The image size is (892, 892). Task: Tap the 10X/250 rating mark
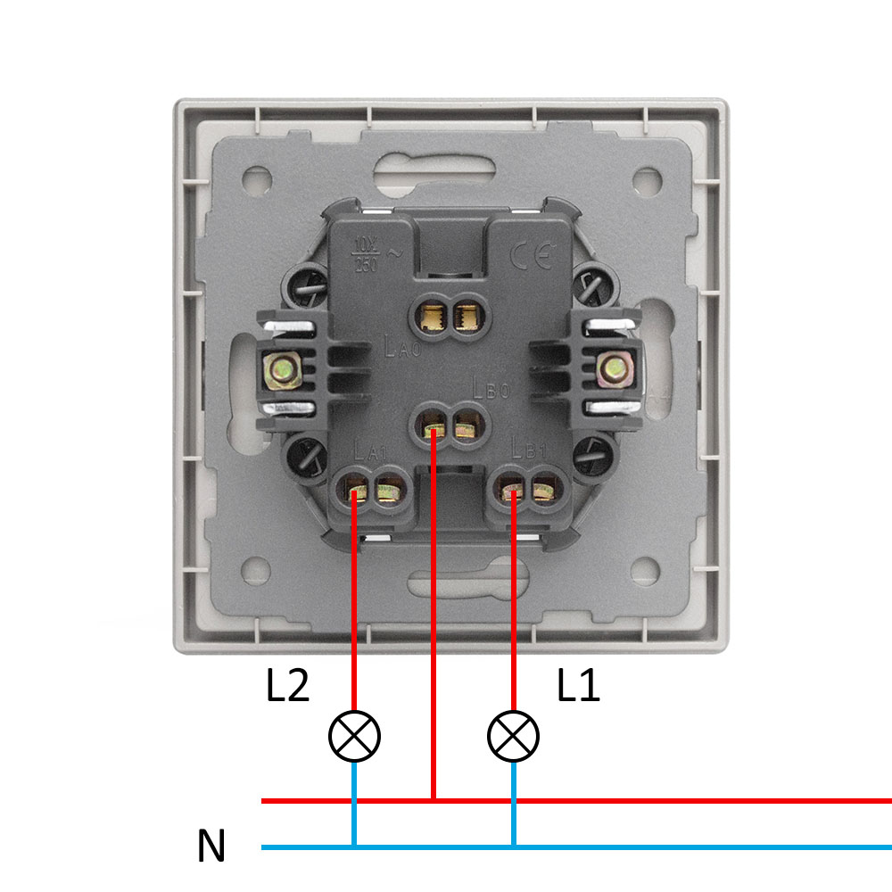pos(366,252)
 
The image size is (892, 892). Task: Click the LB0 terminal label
pos(491,388)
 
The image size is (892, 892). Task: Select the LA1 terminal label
pos(369,451)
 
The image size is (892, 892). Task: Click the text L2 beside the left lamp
pos(287,687)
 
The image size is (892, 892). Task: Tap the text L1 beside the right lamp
pos(579,687)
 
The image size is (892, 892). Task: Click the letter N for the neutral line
pos(211,847)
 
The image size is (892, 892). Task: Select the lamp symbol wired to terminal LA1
pos(354,736)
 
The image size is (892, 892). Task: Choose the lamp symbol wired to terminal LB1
pos(514,736)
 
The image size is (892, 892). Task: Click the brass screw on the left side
pos(284,368)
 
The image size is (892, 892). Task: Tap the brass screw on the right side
pos(612,368)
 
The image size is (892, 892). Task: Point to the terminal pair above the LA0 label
pos(450,316)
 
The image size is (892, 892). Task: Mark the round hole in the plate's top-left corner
pos(257,179)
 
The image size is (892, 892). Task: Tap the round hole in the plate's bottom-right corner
pos(645,569)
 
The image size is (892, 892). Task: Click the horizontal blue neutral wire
pos(624,847)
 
